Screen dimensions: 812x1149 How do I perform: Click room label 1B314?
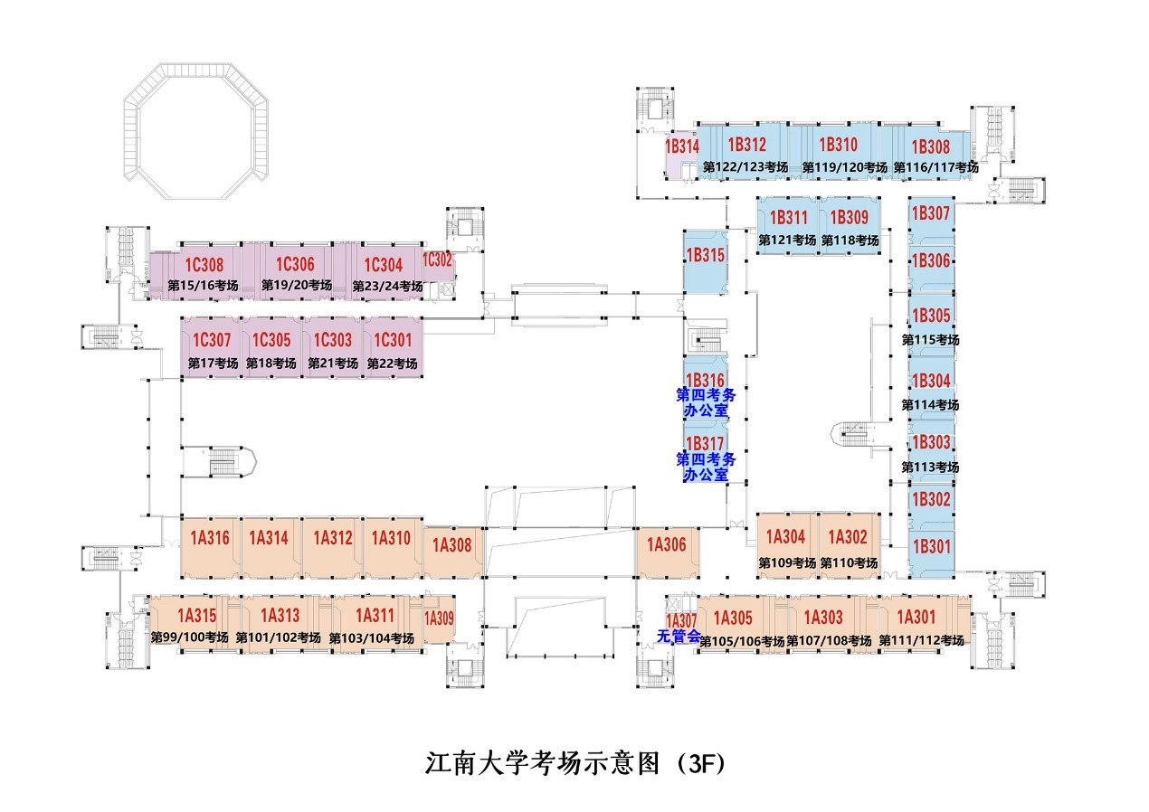point(682,146)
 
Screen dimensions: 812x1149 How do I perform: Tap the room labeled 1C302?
point(437,260)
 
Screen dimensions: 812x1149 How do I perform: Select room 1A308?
point(452,544)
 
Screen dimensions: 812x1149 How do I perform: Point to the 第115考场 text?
point(930,340)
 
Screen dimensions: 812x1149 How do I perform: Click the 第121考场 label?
point(787,241)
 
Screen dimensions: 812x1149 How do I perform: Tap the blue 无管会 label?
point(679,637)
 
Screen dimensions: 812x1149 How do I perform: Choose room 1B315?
point(706,256)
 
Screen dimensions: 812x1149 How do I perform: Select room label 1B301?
point(931,545)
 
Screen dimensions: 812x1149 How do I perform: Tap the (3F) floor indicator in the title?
point(700,762)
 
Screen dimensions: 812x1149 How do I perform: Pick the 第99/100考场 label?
point(190,637)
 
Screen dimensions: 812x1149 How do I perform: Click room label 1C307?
point(213,341)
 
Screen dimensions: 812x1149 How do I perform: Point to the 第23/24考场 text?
point(385,286)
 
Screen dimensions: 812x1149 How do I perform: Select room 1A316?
point(210,538)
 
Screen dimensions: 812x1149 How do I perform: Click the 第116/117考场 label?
point(935,167)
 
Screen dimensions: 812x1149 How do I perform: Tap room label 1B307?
point(931,214)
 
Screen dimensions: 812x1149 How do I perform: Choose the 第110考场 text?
point(849,562)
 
